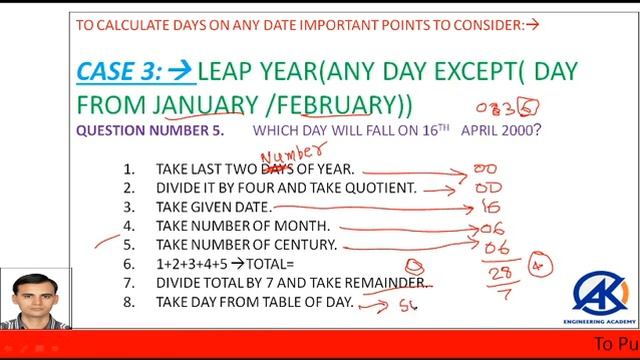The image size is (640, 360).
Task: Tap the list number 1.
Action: (x=129, y=169)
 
